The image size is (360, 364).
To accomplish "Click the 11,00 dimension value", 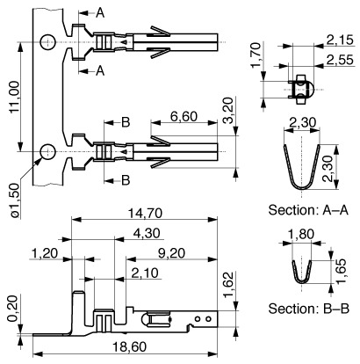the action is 15,97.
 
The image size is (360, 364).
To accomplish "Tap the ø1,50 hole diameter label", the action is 15,200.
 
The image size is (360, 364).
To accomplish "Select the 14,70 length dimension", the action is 145,214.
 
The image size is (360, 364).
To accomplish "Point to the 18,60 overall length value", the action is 129,347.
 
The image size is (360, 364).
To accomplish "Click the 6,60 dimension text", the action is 184,117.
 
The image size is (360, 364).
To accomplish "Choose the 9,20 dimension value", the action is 171,253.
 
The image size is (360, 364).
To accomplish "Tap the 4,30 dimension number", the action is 147,233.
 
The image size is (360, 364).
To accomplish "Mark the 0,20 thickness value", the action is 13,309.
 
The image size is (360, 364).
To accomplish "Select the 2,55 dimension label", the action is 340,60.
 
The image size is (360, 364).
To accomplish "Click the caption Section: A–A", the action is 309,210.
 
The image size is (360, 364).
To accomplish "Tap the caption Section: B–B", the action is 309,309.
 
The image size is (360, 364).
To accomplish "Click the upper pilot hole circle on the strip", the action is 47,42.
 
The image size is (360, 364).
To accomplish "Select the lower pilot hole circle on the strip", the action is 47,152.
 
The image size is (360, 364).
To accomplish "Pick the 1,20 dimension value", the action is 45,253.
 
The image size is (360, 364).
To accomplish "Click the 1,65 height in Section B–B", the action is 341,272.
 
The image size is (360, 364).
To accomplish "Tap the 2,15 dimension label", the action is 340,40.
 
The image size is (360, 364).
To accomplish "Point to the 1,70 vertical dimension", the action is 256,55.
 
